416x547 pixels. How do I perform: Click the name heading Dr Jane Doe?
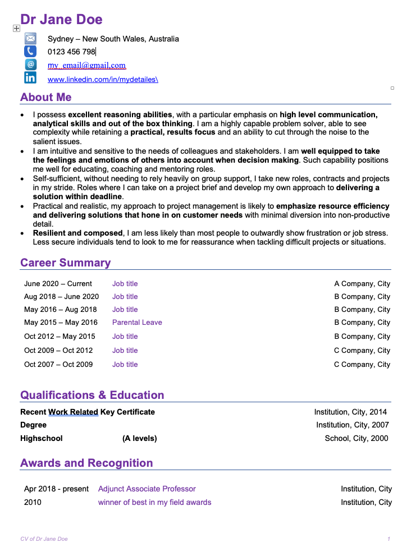[61, 20]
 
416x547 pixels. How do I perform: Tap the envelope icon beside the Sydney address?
[30, 39]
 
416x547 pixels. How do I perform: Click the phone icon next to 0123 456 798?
[30, 52]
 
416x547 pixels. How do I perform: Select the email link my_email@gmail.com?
[86, 65]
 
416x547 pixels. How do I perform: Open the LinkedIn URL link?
[103, 80]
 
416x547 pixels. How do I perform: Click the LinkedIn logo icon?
[30, 78]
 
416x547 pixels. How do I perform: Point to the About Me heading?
[46, 97]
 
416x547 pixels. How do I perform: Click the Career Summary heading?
[65, 263]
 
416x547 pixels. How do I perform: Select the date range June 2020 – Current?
[58, 284]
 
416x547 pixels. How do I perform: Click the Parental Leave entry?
[137, 323]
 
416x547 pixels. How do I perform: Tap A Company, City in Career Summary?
[362, 284]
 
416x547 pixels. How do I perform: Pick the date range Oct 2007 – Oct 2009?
[58, 365]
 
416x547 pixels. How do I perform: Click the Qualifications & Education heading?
[92, 395]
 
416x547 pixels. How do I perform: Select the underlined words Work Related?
[73, 412]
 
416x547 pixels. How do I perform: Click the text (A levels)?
[140, 438]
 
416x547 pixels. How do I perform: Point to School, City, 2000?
[356, 438]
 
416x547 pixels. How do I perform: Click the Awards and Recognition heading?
[86, 463]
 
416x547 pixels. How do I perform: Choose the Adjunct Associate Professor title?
[147, 489]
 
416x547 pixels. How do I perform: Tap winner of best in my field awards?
[154, 502]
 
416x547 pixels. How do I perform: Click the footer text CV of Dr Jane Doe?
[44, 539]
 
